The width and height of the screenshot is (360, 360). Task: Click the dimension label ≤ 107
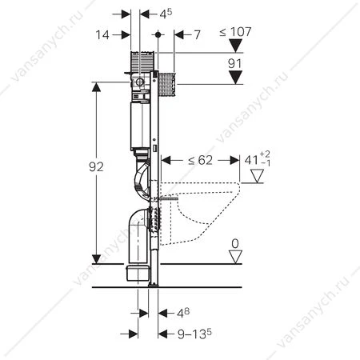[x=235, y=32]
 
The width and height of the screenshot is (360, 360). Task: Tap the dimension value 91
[x=234, y=64]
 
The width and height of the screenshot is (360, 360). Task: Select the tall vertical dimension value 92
[x=96, y=167]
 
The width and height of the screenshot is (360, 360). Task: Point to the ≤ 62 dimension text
[x=200, y=160]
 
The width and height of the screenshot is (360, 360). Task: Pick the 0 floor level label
[x=235, y=244]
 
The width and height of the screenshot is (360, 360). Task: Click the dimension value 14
[x=102, y=35]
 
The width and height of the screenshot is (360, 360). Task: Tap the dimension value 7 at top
[x=197, y=35]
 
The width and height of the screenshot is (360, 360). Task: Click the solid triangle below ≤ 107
[x=235, y=46]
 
